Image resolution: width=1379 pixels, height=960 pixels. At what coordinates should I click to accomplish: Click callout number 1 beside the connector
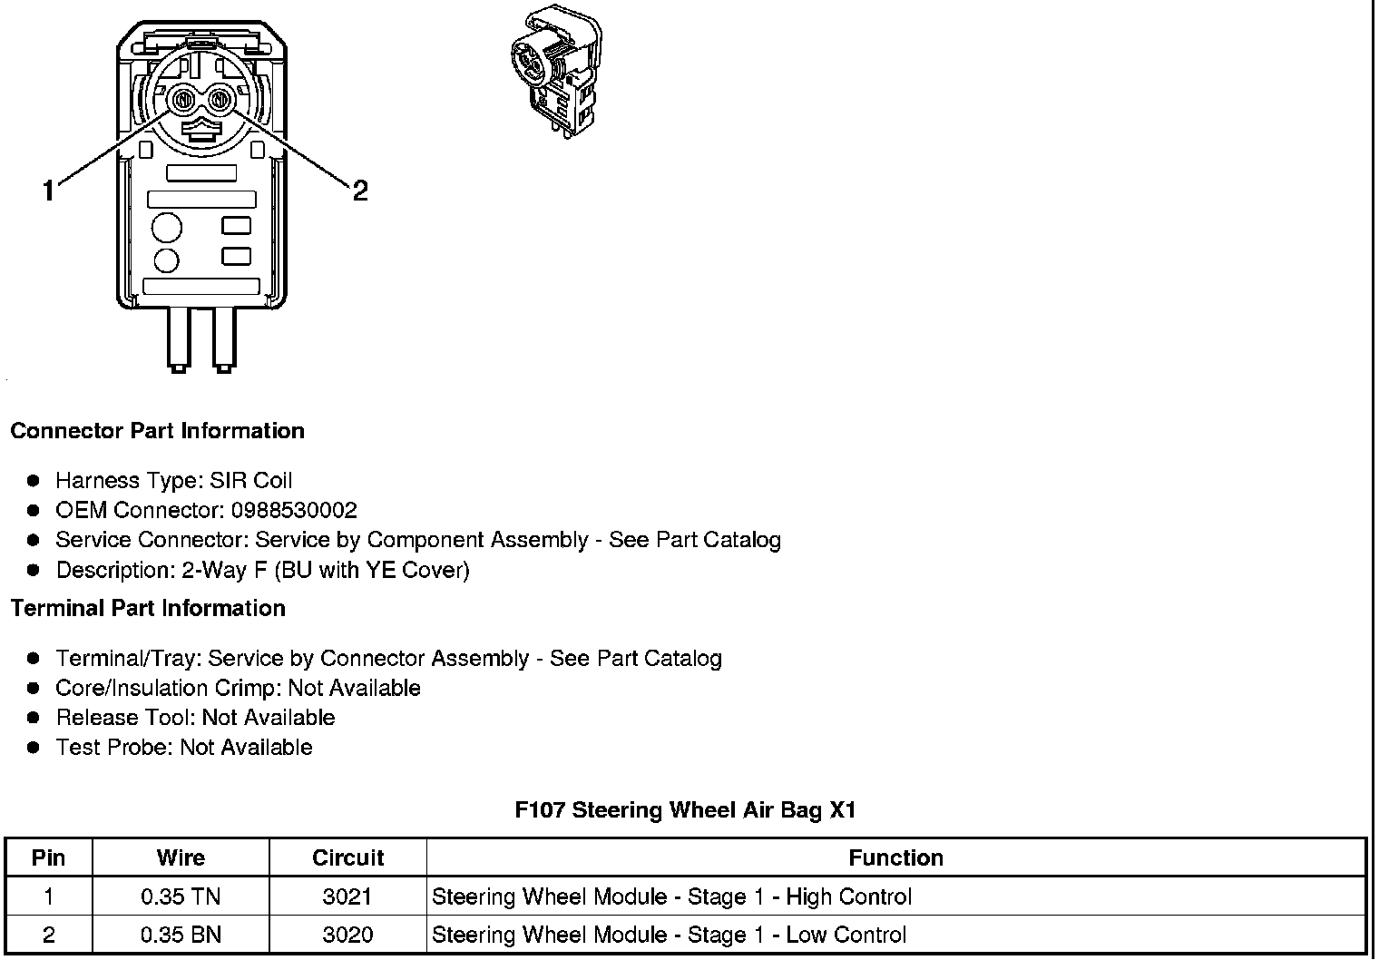[49, 191]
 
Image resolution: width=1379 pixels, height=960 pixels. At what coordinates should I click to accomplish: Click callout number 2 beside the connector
[360, 191]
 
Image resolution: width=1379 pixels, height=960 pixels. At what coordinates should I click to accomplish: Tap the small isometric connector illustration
[555, 73]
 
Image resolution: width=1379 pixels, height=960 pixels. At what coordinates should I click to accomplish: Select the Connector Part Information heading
[157, 431]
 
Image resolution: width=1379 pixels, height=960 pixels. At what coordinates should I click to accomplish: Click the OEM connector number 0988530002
[294, 511]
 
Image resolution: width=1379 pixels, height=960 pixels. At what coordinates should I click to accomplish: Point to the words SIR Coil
[250, 481]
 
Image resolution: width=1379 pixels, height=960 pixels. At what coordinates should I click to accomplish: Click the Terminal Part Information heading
[148, 609]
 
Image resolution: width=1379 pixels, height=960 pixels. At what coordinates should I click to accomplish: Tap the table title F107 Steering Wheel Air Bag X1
[685, 810]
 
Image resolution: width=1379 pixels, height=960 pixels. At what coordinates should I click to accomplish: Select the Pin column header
[48, 858]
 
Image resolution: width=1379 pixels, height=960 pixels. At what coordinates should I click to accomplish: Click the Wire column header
[181, 858]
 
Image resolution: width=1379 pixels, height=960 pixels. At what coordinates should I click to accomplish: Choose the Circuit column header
[347, 858]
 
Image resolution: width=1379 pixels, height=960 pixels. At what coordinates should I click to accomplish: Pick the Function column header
[895, 858]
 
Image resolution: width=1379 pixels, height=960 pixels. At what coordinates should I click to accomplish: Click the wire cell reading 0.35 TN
[181, 897]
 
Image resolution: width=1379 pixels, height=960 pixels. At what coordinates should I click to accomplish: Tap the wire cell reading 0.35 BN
[181, 936]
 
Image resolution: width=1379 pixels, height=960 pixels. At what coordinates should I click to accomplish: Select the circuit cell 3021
[347, 897]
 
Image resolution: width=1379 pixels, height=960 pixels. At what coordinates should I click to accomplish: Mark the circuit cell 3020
[347, 936]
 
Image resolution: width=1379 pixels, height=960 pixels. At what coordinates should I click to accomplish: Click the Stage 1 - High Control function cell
[671, 897]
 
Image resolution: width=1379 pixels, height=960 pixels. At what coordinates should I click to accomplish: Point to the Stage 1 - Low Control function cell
[669, 936]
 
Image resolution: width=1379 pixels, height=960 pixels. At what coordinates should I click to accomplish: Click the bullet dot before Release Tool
[34, 718]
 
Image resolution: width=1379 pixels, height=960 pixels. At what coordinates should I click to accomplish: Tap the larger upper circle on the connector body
[166, 227]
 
